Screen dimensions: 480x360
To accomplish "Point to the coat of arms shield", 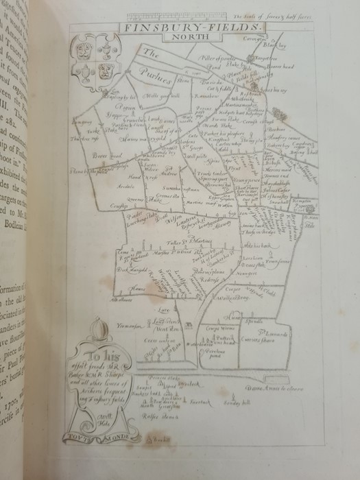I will point(94,60).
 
